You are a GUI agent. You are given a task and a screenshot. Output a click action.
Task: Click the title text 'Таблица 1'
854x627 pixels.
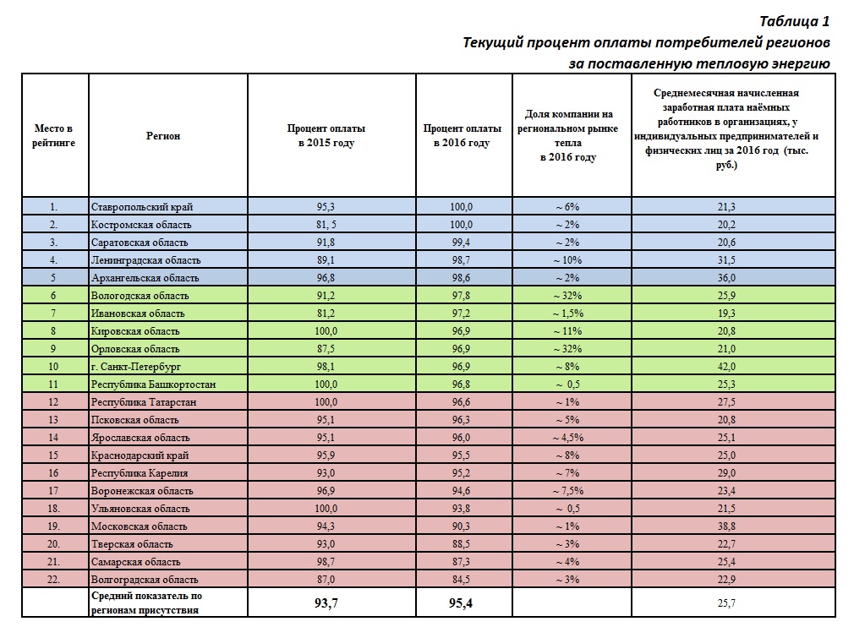point(794,21)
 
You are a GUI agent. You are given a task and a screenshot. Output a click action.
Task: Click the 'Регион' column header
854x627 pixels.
point(163,136)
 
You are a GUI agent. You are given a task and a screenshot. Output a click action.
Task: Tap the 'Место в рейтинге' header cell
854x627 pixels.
point(53,135)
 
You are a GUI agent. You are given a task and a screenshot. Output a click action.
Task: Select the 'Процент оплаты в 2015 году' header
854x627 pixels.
point(326,135)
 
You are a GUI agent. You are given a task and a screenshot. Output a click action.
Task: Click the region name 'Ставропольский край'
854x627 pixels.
point(142,207)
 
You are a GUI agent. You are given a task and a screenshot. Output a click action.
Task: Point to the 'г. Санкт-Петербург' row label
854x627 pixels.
point(135,366)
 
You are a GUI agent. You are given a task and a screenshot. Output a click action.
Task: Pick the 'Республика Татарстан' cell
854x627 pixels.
point(144,401)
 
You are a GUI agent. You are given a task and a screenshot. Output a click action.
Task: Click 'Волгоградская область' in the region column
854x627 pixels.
point(145,579)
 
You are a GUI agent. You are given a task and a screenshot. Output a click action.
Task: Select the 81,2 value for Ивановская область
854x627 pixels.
point(326,313)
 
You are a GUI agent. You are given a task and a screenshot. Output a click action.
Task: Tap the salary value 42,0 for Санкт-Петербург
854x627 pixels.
point(726,366)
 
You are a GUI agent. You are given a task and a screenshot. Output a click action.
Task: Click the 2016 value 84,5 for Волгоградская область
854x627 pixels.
point(462,579)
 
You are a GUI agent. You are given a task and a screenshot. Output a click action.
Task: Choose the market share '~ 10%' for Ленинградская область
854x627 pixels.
point(567,260)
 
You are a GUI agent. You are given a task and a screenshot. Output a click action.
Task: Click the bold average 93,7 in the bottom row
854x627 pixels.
point(326,602)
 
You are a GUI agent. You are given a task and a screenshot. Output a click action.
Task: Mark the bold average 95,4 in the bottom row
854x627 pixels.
point(461,602)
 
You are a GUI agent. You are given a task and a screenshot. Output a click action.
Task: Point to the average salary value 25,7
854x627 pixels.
point(726,602)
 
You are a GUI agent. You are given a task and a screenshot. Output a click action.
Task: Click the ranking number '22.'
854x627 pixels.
point(53,579)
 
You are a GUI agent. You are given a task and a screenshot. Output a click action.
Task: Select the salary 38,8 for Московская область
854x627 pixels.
point(726,526)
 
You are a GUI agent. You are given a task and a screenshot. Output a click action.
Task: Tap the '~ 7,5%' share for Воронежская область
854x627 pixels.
point(568,490)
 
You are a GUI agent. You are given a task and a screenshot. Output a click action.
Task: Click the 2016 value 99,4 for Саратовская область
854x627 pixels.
point(462,243)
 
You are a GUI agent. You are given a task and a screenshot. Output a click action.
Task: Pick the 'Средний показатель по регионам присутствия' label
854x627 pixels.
point(146,602)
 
